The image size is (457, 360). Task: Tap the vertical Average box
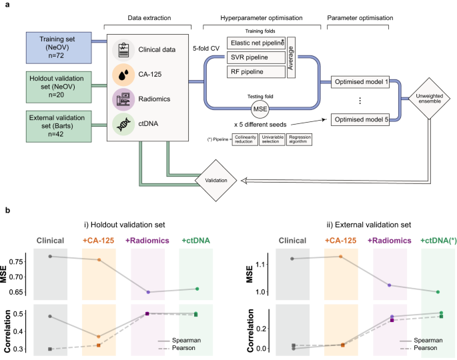(x=291, y=57)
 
